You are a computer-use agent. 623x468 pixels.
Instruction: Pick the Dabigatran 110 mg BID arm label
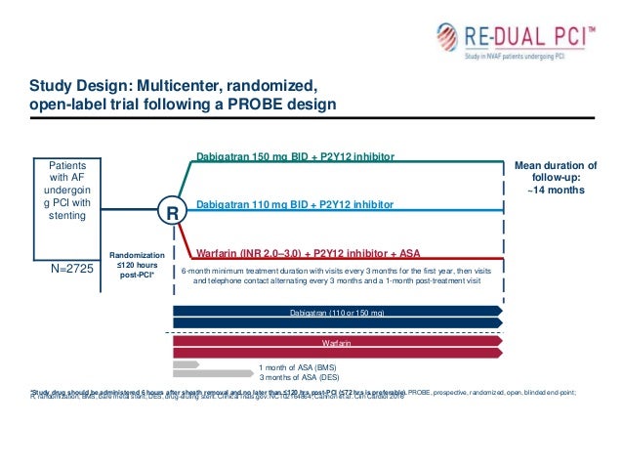click(x=295, y=204)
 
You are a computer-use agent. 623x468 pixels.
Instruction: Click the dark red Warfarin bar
click(x=337, y=344)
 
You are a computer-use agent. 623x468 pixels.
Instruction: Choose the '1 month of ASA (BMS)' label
click(x=297, y=366)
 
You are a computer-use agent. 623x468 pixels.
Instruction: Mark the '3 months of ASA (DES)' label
click(x=297, y=377)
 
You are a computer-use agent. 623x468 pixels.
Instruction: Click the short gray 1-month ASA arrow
click(x=186, y=364)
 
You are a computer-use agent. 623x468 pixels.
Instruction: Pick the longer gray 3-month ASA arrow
click(x=209, y=374)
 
